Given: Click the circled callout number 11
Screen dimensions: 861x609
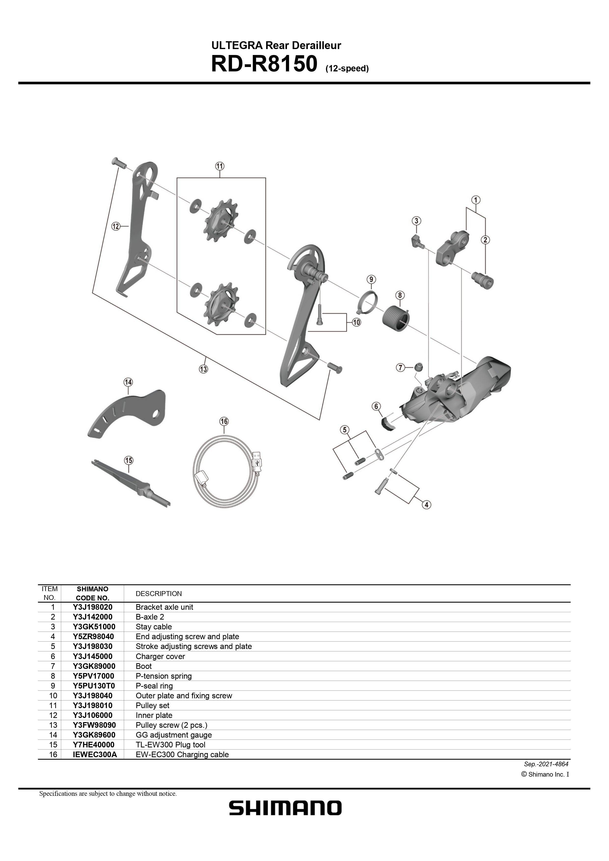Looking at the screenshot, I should [219, 166].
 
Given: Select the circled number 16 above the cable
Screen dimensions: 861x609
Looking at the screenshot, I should [224, 422].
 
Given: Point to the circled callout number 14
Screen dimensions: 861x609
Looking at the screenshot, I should [128, 382].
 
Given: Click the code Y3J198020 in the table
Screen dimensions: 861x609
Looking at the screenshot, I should [93, 607].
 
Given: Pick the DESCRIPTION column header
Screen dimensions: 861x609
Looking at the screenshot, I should [159, 594].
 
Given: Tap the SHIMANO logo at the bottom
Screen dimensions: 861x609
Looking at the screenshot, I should [285, 808].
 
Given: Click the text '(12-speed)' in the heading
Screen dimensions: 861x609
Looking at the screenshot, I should [347, 69].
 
